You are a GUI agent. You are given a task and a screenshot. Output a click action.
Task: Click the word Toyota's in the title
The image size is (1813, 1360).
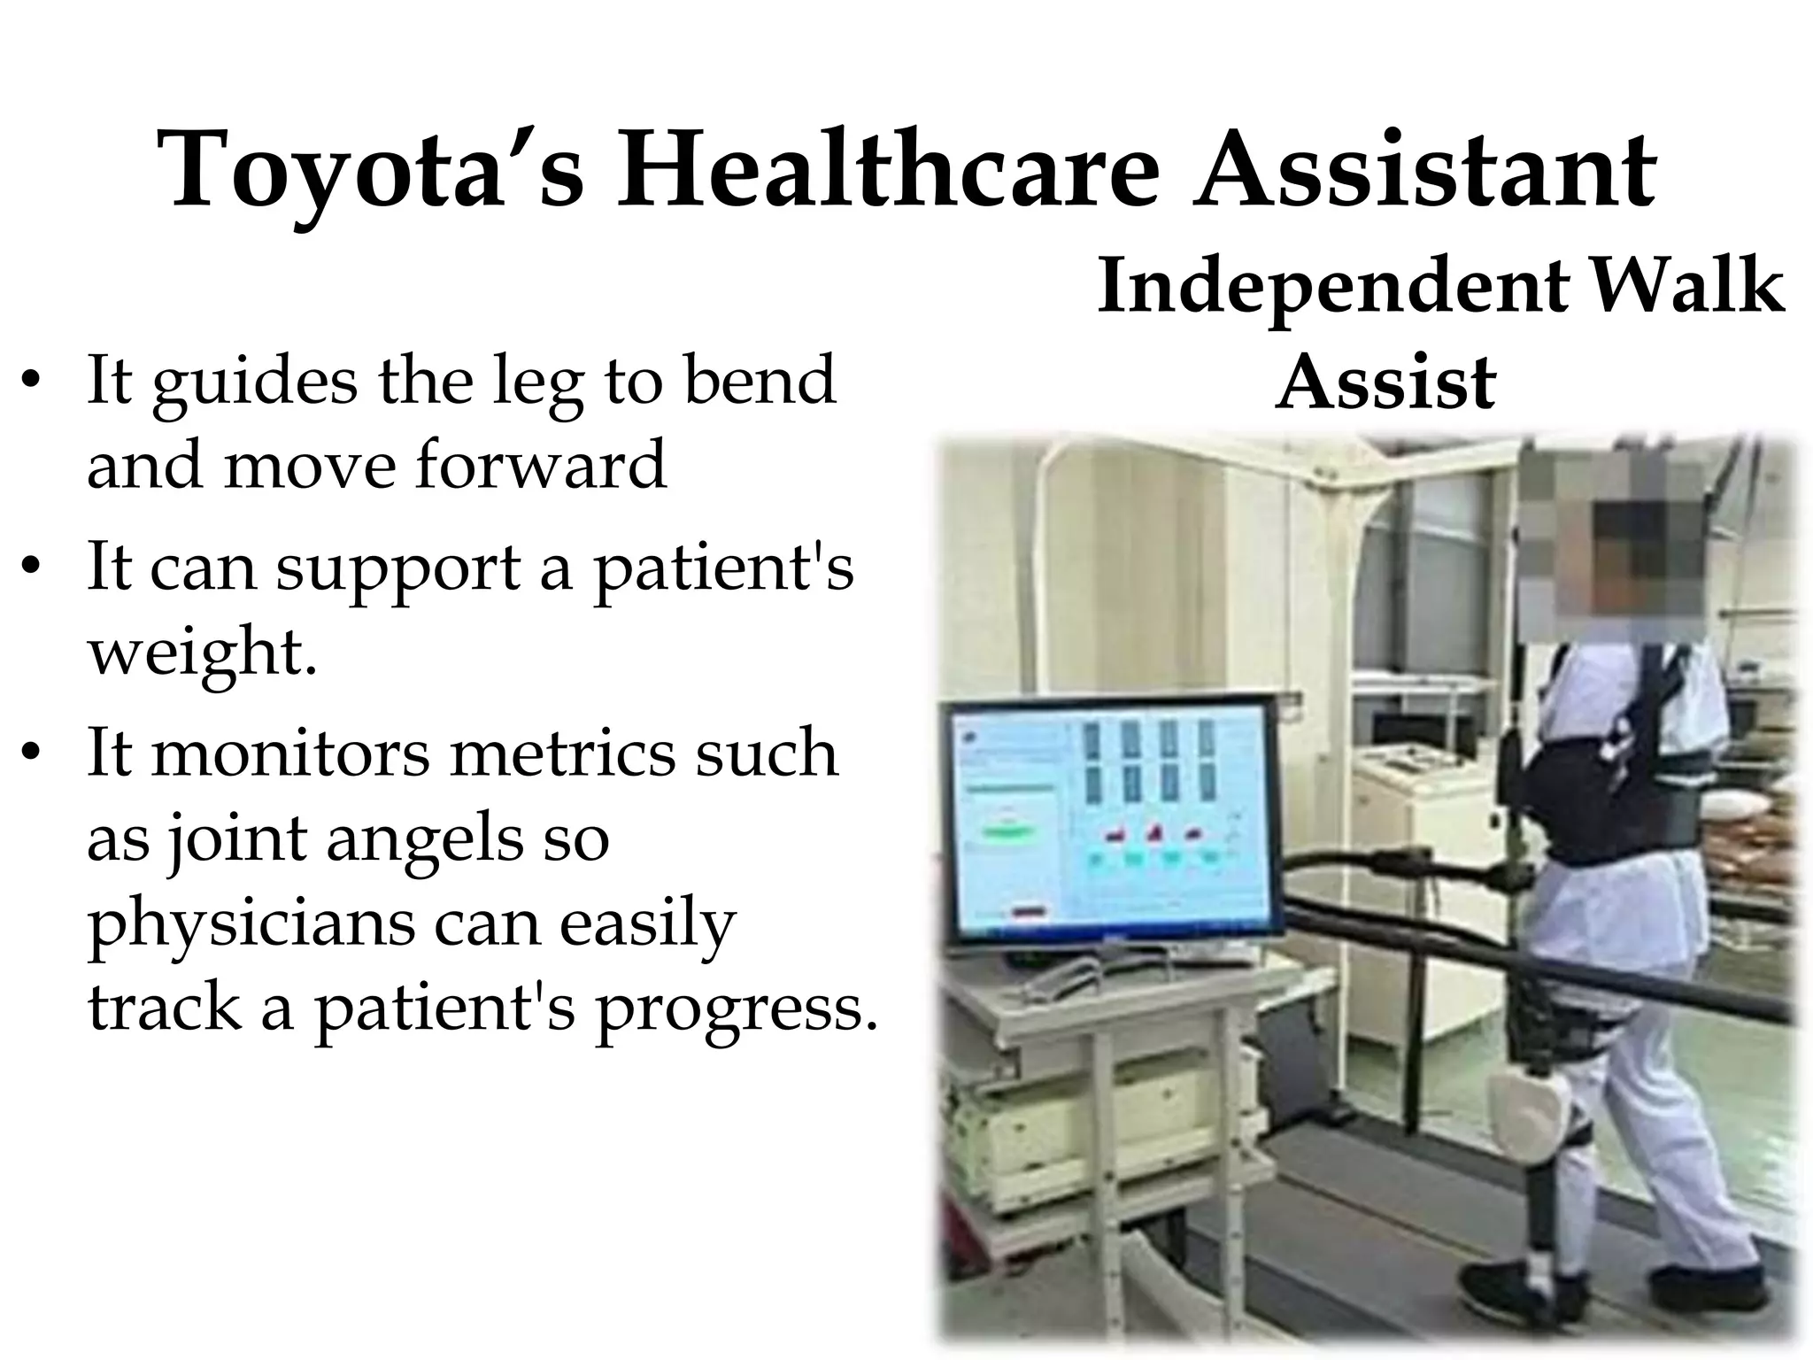coord(370,170)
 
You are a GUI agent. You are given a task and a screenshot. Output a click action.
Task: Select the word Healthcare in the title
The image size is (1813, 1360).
coord(887,170)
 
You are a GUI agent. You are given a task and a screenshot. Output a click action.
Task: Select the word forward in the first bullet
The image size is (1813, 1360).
coord(540,465)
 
